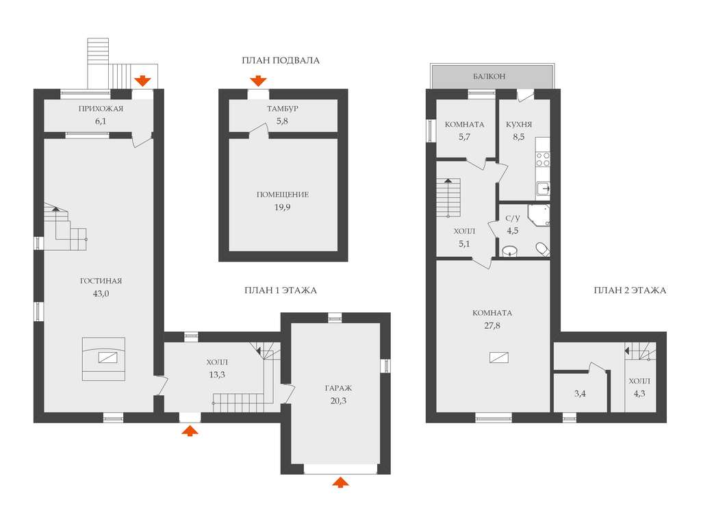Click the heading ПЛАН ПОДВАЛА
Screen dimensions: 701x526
point(281,60)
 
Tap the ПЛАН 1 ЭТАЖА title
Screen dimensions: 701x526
point(281,290)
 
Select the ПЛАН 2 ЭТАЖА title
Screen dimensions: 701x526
point(630,290)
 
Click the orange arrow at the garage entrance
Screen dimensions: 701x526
point(341,481)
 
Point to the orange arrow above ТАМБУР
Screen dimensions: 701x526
point(258,81)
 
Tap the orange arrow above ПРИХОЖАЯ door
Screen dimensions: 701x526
point(142,81)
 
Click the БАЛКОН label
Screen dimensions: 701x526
point(489,77)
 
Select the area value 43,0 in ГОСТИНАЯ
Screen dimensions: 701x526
point(101,294)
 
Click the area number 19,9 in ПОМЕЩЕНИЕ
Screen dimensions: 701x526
point(283,207)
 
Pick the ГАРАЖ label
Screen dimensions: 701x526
point(338,388)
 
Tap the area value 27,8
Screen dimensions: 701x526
point(492,325)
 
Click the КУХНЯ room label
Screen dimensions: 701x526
point(519,125)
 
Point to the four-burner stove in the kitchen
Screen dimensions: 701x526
point(543,159)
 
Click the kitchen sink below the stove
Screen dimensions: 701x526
point(543,190)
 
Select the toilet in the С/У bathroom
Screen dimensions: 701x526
point(543,249)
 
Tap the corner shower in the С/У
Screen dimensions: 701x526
point(539,216)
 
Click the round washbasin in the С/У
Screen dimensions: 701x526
point(509,251)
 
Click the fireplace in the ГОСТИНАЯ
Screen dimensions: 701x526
point(104,359)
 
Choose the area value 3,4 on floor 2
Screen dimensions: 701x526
point(580,394)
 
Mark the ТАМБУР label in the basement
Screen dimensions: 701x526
point(283,109)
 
